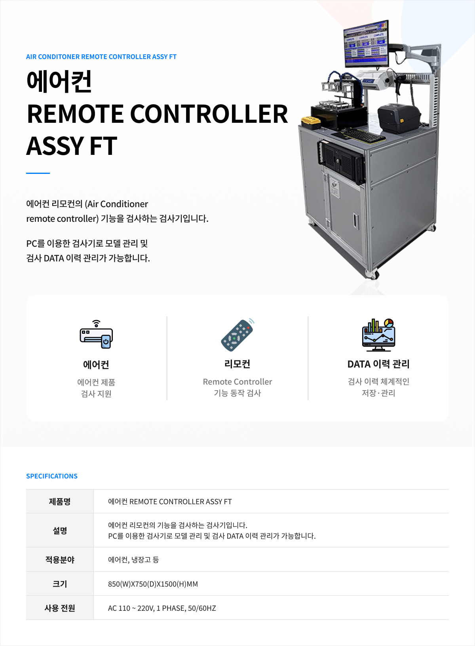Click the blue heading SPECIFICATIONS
coord(52,476)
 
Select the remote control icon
coord(237,335)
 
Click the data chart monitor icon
coord(378,335)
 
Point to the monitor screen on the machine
coord(366,44)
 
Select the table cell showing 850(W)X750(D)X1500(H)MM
coord(153,584)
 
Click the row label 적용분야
coord(60,560)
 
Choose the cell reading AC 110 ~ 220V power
coord(161,608)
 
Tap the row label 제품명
coord(60,501)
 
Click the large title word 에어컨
coord(59,81)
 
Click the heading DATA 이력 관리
coord(378,364)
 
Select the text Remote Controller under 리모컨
coord(237,382)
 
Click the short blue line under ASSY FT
coord(38,173)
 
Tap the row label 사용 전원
coord(60,608)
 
